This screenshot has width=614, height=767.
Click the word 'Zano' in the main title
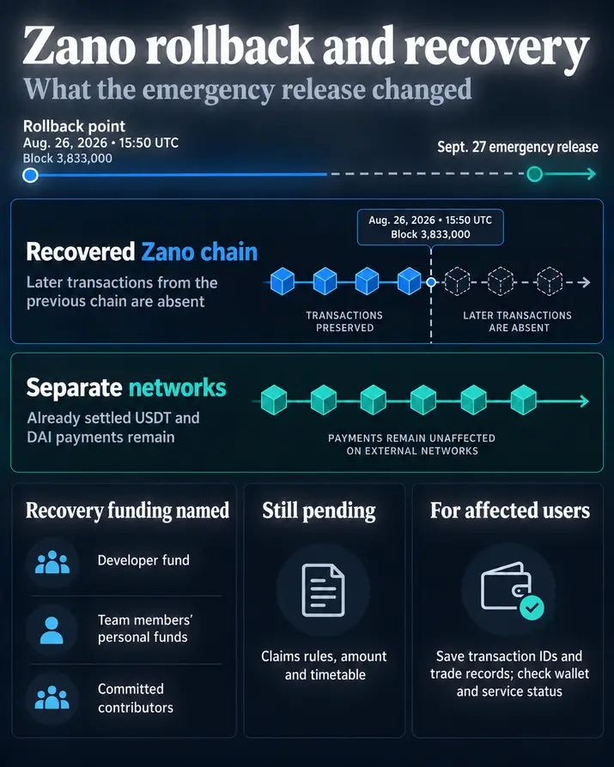(79, 45)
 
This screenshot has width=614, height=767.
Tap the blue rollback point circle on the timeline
(30, 175)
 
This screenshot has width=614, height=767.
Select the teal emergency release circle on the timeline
(535, 173)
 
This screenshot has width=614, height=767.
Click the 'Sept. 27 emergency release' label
(518, 147)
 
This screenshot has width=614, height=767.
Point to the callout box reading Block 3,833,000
(430, 227)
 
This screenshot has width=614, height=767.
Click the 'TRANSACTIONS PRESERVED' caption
(344, 322)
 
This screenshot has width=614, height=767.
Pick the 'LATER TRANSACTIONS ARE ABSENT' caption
(518, 322)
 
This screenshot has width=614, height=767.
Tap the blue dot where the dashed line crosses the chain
(431, 282)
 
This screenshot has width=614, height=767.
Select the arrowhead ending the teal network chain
(584, 402)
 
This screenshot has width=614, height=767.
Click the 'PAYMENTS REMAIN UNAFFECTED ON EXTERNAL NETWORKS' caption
(412, 444)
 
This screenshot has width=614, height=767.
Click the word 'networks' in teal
(177, 388)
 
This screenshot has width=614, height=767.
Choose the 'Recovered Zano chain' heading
(142, 252)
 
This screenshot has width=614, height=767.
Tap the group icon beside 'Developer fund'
(52, 562)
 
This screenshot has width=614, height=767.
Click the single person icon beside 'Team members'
(52, 630)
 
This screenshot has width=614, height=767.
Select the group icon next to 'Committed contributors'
(52, 698)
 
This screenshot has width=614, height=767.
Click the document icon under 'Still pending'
(323, 590)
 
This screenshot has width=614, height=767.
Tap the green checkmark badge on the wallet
(532, 607)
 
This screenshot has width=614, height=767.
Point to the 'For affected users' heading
(510, 510)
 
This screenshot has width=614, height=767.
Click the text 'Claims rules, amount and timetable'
(324, 665)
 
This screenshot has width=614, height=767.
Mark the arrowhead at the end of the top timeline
(592, 173)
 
